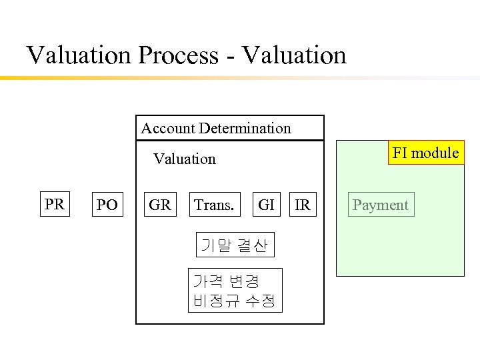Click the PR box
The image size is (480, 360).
point(55,204)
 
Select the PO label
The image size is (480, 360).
point(107,205)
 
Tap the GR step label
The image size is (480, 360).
point(159,205)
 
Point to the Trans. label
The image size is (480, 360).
point(213,205)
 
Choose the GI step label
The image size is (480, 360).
point(266,205)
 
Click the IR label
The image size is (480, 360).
point(303,205)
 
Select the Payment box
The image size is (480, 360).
point(380,205)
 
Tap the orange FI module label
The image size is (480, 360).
point(425,153)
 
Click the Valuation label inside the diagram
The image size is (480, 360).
point(185,159)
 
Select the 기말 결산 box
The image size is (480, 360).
point(234,246)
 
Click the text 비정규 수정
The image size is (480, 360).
point(234,300)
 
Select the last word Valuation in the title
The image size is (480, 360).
point(294,55)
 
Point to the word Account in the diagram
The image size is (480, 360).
point(166,128)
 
